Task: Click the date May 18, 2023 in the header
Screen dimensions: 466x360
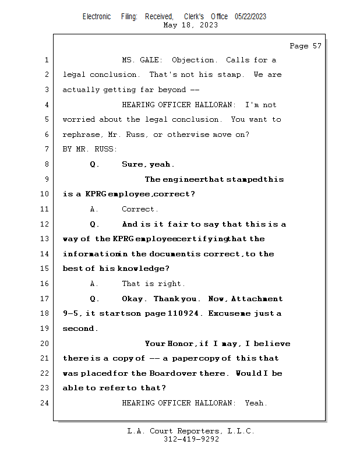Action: click(x=191, y=25)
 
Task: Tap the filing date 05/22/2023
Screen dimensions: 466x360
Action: click(x=250, y=17)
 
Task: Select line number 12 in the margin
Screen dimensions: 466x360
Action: click(x=46, y=224)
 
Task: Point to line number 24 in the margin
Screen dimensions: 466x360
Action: click(x=46, y=403)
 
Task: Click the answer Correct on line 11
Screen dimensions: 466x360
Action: click(x=140, y=209)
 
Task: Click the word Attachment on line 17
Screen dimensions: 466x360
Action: click(x=257, y=299)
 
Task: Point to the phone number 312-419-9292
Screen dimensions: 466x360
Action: click(x=191, y=440)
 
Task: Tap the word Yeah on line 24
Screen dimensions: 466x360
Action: click(x=256, y=403)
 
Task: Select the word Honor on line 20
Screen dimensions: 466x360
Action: click(x=182, y=344)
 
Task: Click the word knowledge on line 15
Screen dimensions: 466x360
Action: click(x=142, y=269)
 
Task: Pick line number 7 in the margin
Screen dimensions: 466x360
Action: click(x=46, y=149)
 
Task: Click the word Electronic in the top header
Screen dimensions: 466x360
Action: click(x=97, y=17)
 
